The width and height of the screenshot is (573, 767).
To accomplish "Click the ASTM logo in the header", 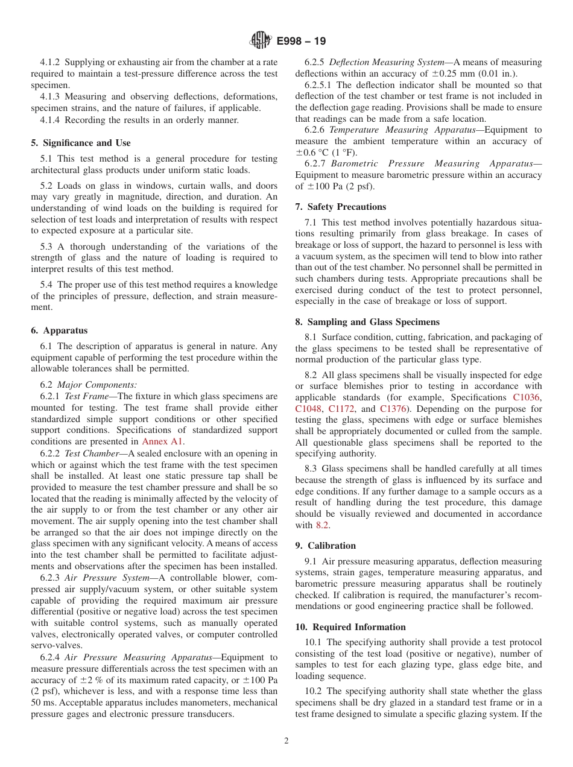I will tap(260, 41).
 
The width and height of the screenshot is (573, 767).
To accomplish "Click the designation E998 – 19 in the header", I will tap(301, 41).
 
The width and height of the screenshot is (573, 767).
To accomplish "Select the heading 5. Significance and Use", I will tap(80, 143).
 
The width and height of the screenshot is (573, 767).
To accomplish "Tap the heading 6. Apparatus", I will tap(59, 330).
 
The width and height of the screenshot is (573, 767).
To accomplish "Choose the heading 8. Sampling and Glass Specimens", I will tap(367, 321).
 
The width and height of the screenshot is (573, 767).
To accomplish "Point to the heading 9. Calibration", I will tap(325, 546).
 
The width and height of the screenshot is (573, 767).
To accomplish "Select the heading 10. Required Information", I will tap(350, 627).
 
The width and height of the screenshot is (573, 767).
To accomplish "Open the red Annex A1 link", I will tap(163, 441).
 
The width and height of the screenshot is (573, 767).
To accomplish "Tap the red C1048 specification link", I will tap(309, 409).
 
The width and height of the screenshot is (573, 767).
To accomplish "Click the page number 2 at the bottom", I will tap(286, 741).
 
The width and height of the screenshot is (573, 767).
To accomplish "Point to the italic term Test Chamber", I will tap(86, 453).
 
